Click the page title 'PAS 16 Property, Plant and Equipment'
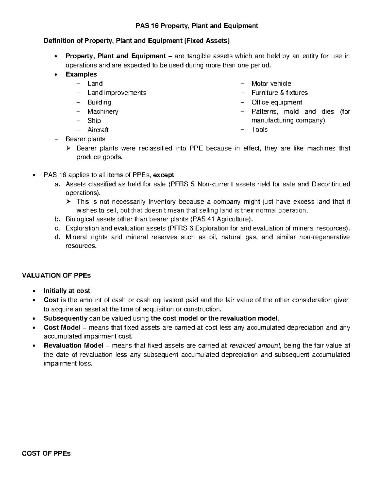(197, 26)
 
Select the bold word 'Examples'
(81, 74)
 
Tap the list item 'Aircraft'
(98, 130)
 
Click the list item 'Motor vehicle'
(271, 83)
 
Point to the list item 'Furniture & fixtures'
(280, 93)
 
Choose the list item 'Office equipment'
(277, 102)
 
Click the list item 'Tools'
(259, 129)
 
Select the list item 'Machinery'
(103, 111)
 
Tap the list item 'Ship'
(94, 120)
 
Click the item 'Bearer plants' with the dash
(85, 139)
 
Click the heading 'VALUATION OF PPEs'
(56, 275)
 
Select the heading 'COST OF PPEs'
(46, 454)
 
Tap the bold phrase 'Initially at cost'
(67, 291)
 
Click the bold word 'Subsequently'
(66, 318)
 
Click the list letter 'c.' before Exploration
(56, 229)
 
